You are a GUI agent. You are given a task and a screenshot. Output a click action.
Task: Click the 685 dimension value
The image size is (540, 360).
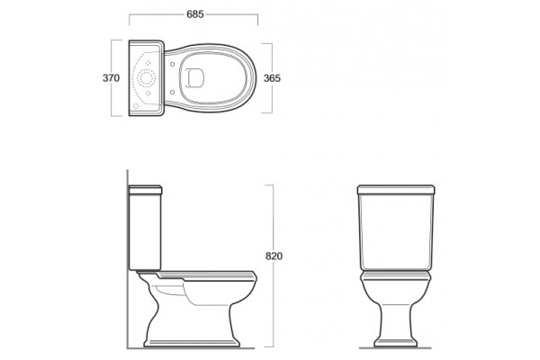(x=195, y=14)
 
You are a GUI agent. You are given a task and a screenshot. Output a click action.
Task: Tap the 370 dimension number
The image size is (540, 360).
(x=111, y=78)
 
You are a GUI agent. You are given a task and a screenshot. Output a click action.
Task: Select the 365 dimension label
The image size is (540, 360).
(x=272, y=78)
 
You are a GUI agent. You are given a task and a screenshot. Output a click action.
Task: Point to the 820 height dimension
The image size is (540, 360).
(x=274, y=256)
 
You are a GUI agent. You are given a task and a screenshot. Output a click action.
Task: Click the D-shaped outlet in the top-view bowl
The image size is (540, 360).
(x=194, y=78)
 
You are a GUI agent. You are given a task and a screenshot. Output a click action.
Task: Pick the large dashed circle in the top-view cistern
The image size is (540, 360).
(x=147, y=78)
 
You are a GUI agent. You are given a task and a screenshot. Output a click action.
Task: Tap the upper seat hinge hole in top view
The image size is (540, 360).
(x=172, y=64)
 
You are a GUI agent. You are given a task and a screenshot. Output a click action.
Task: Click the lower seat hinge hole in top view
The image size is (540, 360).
(x=172, y=92)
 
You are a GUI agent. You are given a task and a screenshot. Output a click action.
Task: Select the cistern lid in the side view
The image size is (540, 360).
(x=145, y=190)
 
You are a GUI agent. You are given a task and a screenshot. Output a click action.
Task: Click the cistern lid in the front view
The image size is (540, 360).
(x=396, y=190)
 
